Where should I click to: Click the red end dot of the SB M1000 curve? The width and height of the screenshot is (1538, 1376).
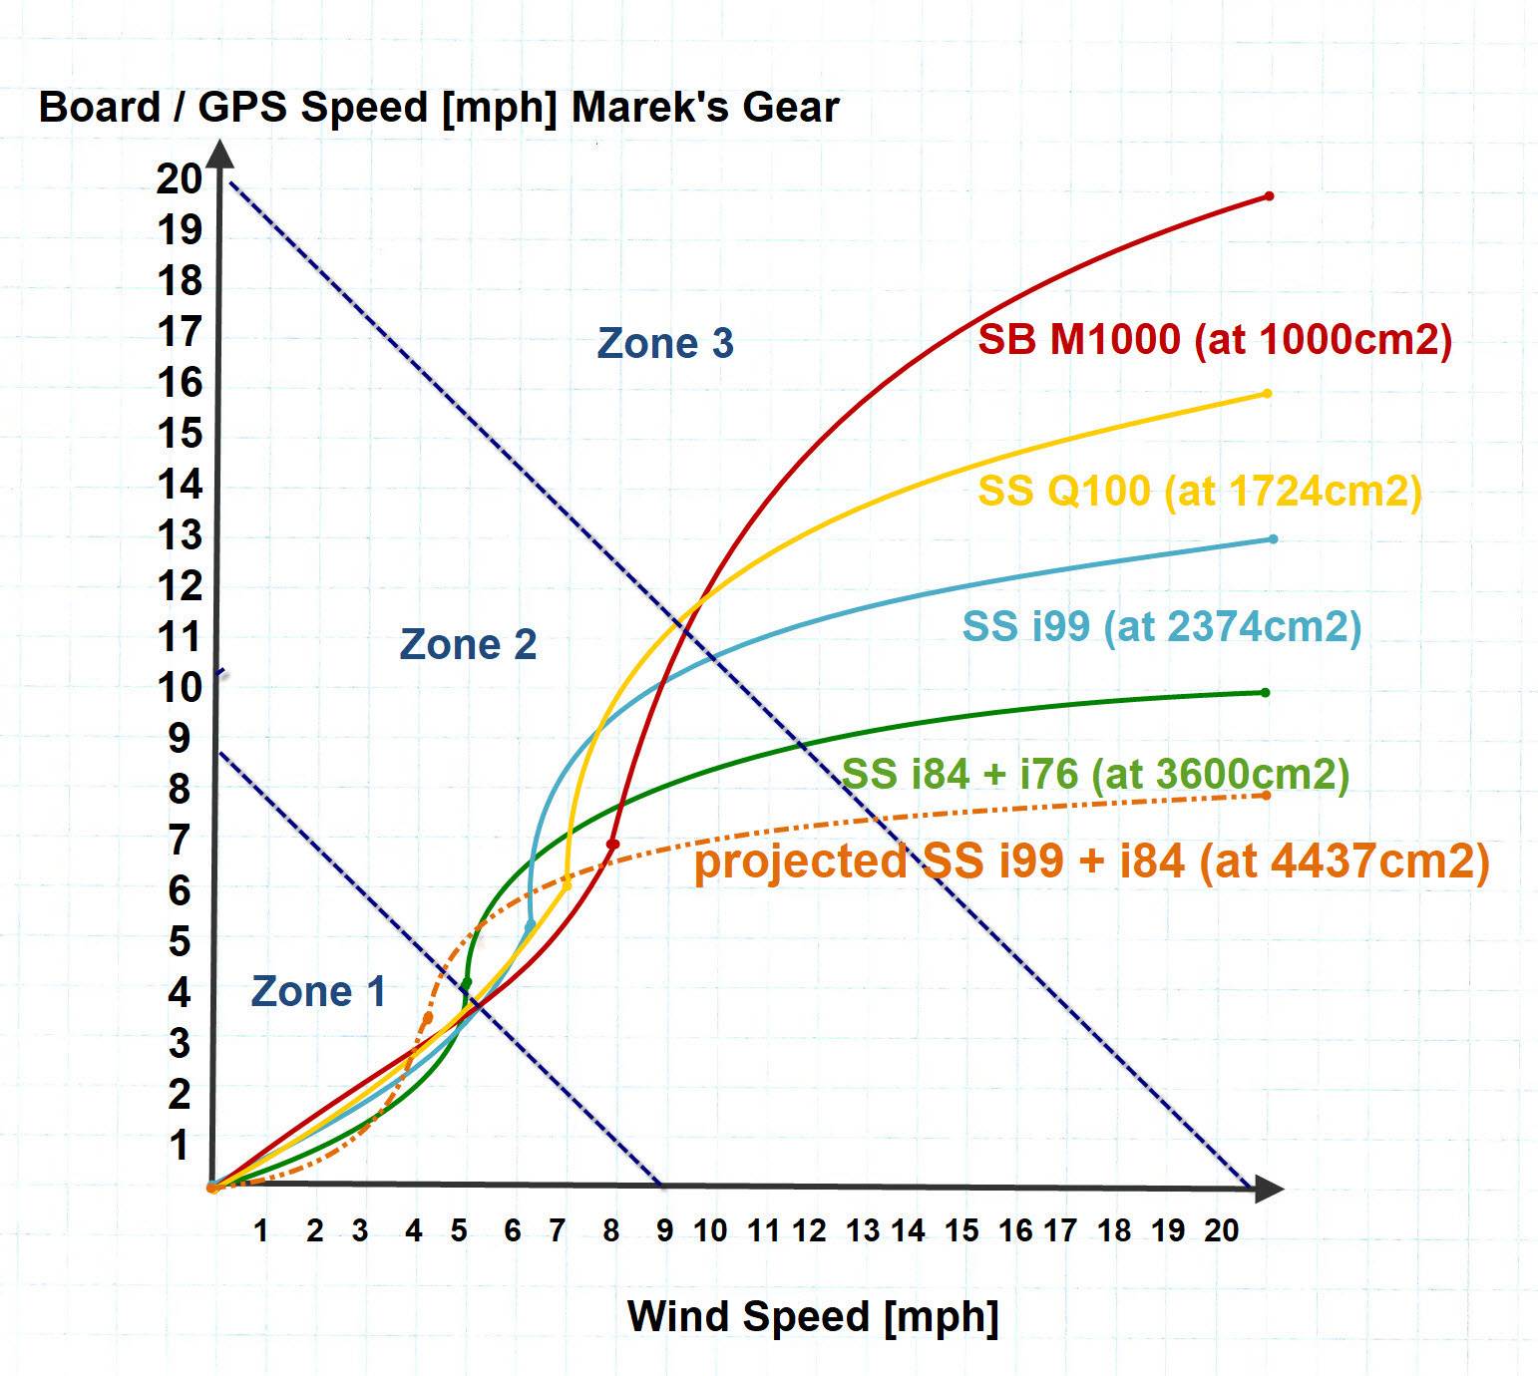[x=1269, y=196]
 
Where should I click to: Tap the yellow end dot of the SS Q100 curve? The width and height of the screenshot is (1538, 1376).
[x=1267, y=394]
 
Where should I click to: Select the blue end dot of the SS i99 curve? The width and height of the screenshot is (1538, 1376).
[x=1273, y=539]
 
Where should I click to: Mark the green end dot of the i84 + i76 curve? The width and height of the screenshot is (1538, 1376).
[x=1265, y=693]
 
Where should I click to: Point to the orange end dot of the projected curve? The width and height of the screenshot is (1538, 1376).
[x=1266, y=796]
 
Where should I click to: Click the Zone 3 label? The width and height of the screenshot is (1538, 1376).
[x=665, y=344]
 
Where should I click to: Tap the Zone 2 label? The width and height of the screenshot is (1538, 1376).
[x=468, y=645]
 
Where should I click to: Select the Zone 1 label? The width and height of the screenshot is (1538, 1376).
[x=318, y=992]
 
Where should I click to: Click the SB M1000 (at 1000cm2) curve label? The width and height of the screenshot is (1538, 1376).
[x=1214, y=340]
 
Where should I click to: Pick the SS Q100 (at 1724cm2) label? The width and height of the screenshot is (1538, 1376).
[x=1199, y=491]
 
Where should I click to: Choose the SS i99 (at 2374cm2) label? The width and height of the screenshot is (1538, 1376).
[x=1161, y=626]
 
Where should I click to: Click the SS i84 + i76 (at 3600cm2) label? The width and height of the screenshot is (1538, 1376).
[x=1095, y=774]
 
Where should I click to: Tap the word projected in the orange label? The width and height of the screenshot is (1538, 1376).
[x=800, y=861]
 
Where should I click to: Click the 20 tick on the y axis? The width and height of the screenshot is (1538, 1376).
[x=179, y=179]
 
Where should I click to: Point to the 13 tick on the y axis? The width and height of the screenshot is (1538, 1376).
[x=180, y=536]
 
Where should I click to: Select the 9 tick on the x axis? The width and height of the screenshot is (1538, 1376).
[x=664, y=1231]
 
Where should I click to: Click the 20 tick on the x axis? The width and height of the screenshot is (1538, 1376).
[x=1221, y=1231]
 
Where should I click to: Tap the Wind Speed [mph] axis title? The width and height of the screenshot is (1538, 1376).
[x=813, y=1317]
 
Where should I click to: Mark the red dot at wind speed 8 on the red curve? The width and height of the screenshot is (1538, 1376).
[x=612, y=845]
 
